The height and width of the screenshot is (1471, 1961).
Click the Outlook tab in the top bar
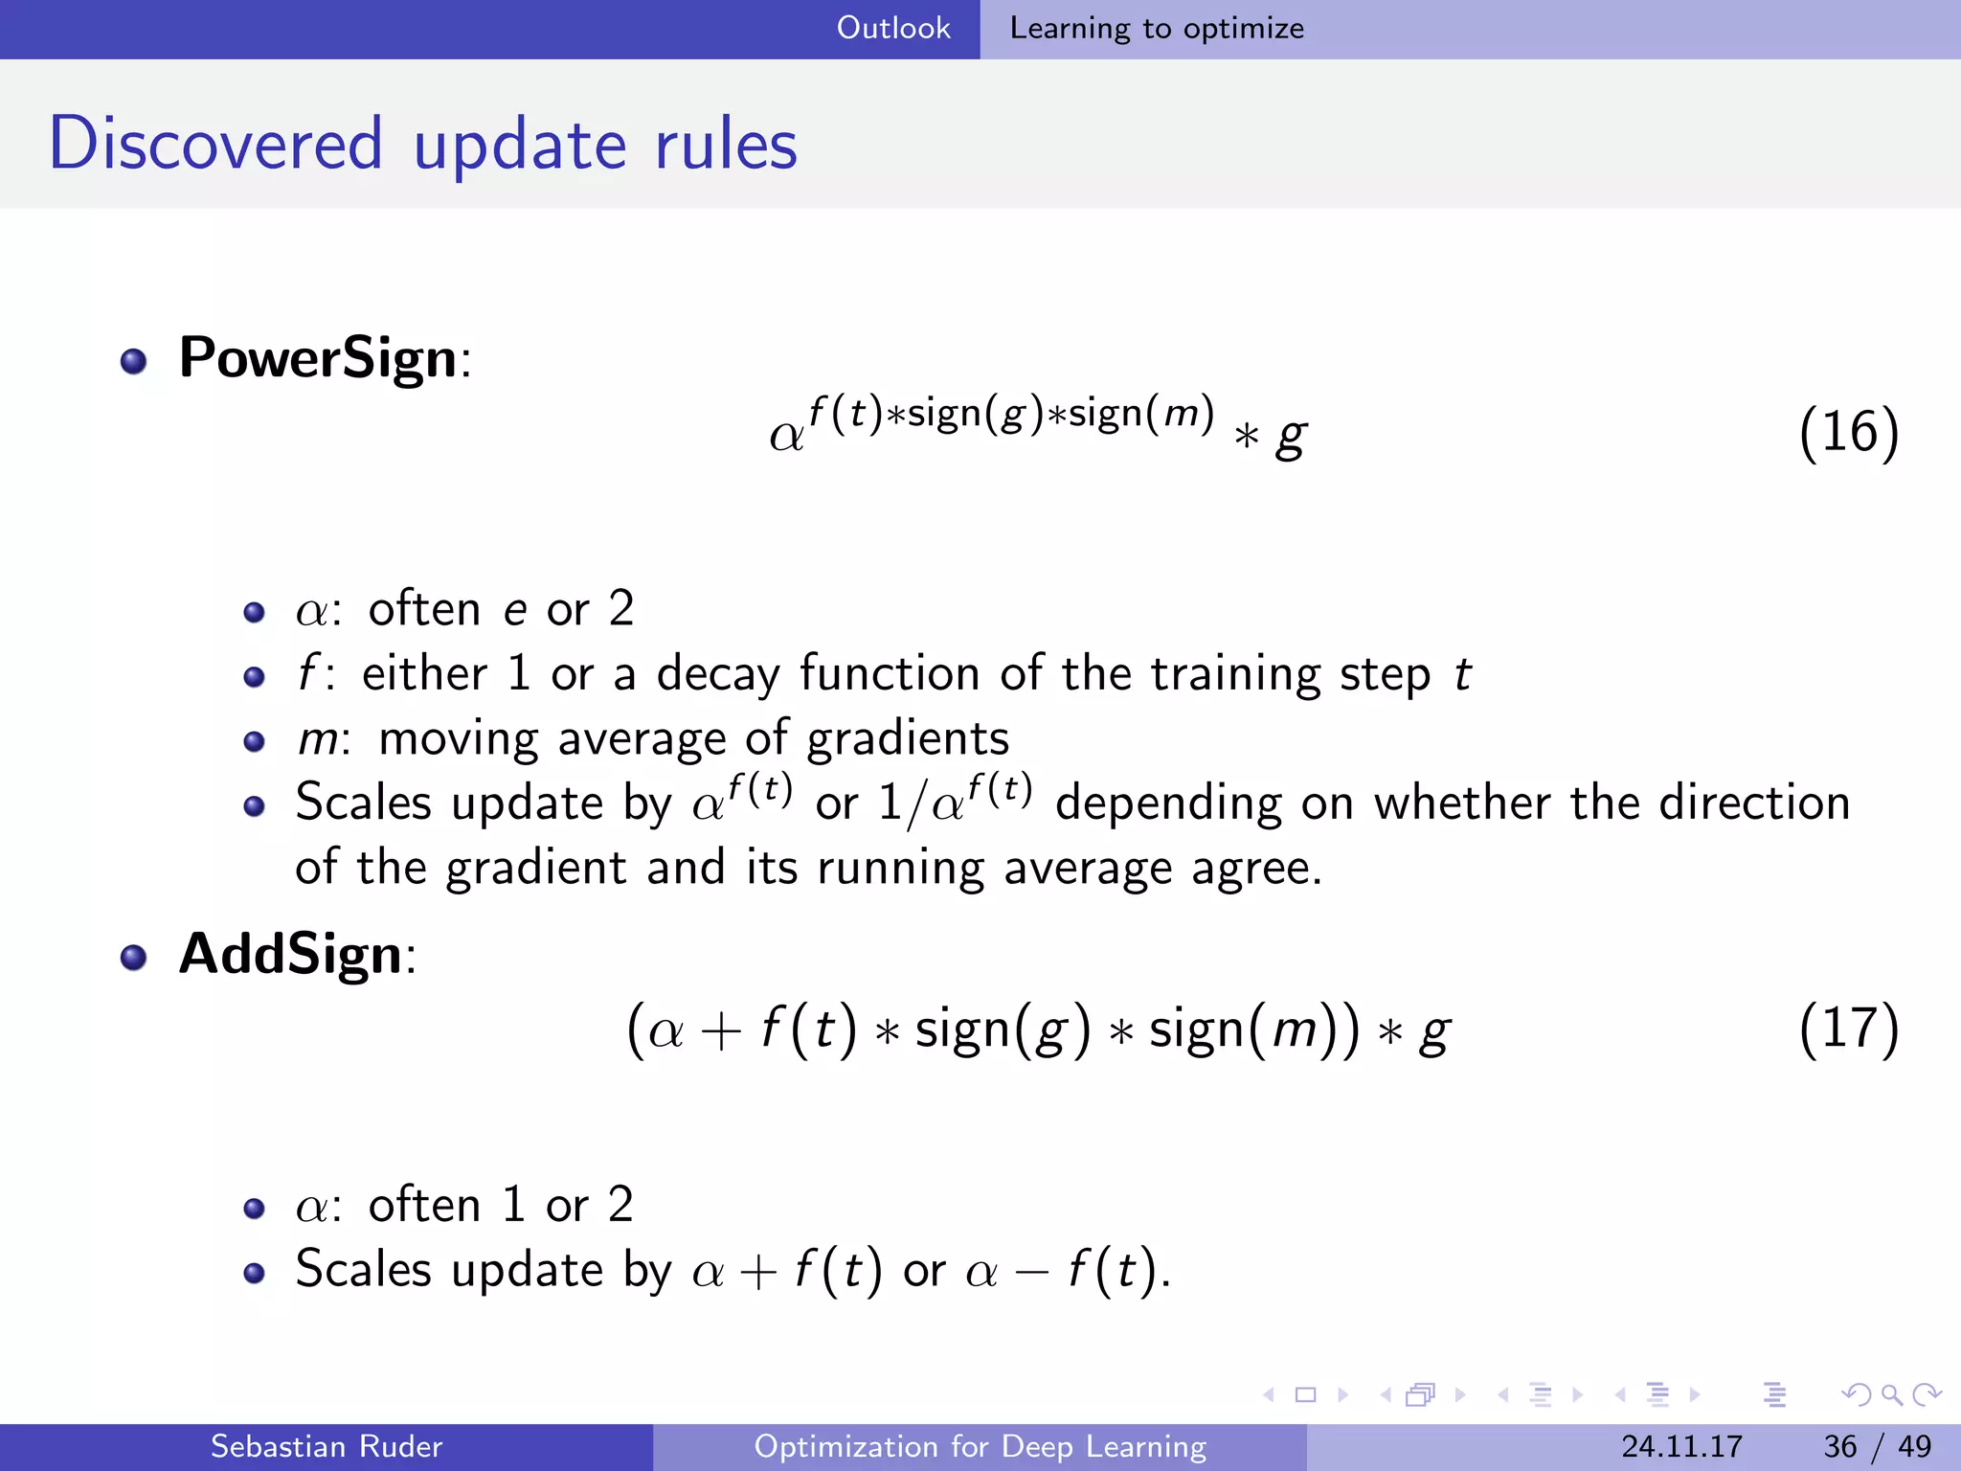[893, 28]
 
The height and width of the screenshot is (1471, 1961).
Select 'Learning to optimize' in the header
[1157, 29]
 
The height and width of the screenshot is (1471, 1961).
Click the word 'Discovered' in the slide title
[216, 144]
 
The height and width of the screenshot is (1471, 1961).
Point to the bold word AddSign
[291, 954]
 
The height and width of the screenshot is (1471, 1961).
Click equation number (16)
[1848, 432]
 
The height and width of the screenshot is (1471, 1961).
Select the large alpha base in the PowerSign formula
[787, 437]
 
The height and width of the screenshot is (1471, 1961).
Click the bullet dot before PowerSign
[134, 361]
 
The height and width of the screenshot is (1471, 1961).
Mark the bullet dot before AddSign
[134, 957]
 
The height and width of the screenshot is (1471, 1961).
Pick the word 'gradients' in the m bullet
[908, 739]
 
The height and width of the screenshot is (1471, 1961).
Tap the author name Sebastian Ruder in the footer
[327, 1446]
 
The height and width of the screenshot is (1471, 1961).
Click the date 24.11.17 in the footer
[1681, 1446]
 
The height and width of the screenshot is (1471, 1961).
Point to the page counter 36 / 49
[1877, 1446]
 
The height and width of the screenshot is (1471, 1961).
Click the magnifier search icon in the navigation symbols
[1891, 1394]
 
